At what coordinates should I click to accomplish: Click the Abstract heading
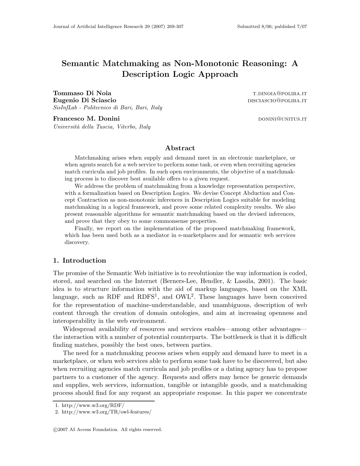point(180,148)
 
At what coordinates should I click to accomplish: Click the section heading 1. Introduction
point(80,260)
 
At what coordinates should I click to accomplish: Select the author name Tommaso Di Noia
point(82,93)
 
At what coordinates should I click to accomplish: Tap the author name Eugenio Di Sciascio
point(84,100)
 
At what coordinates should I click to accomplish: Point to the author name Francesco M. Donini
point(86,119)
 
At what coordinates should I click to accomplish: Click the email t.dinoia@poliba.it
point(280,93)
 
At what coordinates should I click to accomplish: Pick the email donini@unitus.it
point(282,119)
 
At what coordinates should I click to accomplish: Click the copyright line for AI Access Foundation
point(108,430)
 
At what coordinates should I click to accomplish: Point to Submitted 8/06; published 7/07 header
point(272,27)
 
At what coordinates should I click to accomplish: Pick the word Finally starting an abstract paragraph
point(83,228)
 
